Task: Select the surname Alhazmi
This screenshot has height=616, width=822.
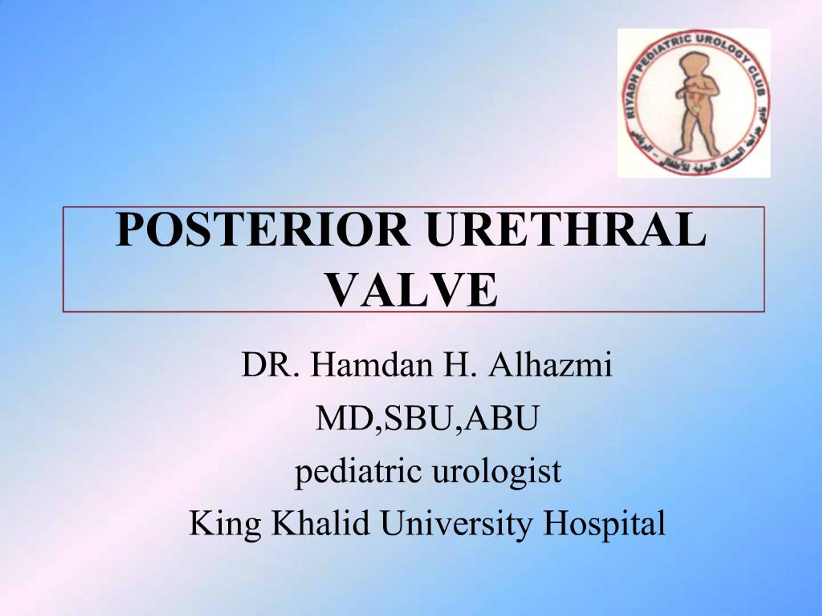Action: tap(550, 366)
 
